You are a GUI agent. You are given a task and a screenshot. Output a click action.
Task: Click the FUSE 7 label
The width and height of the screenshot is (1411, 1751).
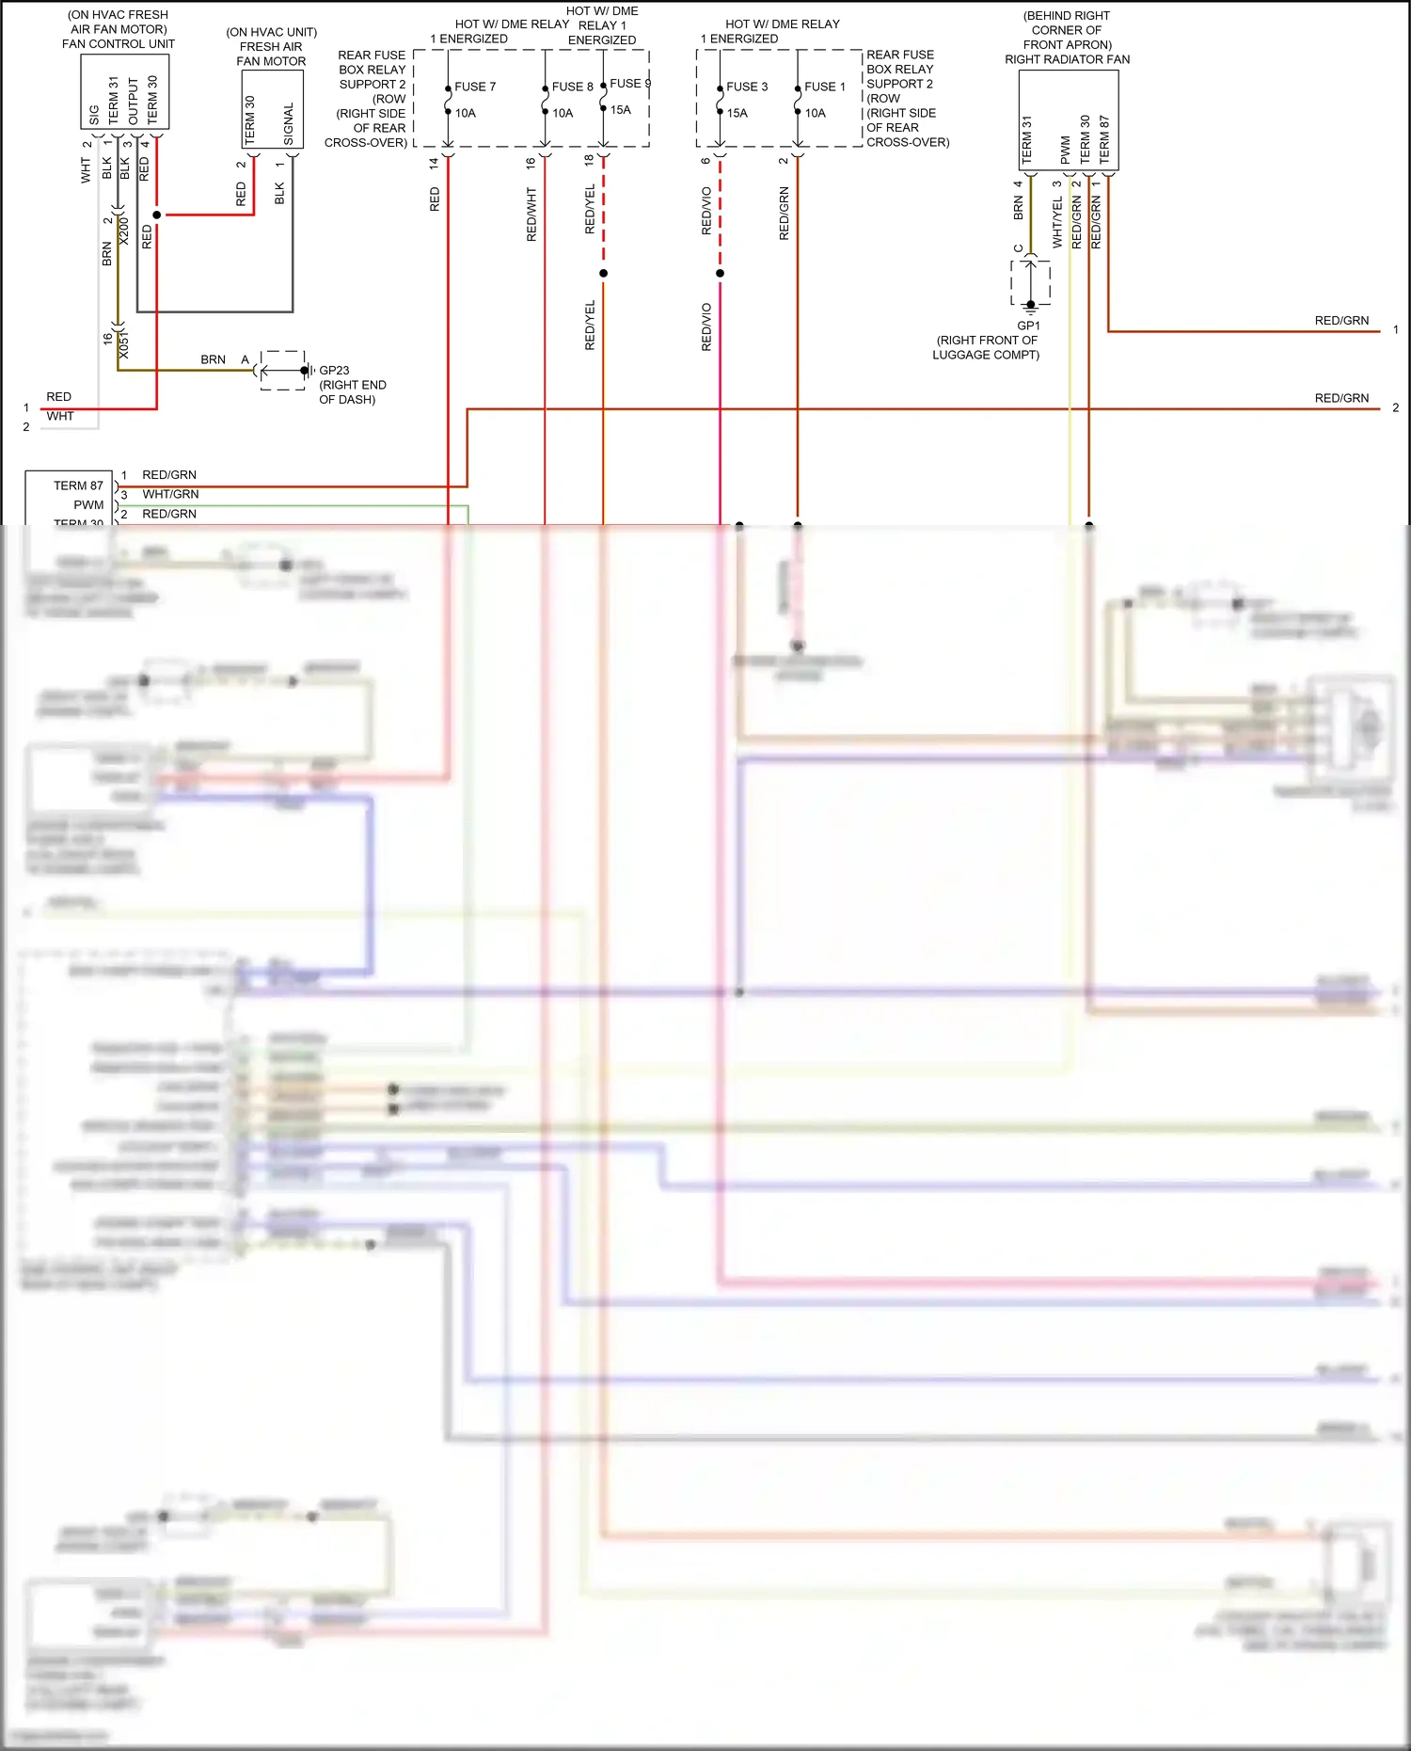coord(475,87)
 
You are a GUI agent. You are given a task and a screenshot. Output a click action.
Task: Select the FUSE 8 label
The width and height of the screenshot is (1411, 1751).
coord(572,87)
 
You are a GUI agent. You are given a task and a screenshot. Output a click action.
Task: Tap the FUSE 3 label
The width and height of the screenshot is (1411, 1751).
coord(747,87)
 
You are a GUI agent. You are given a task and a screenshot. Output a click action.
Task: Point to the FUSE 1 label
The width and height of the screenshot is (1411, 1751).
coord(825,87)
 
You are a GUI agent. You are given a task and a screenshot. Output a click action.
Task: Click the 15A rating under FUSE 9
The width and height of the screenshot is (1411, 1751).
coord(621,110)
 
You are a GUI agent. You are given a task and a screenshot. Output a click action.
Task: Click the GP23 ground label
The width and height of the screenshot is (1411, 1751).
coord(334,371)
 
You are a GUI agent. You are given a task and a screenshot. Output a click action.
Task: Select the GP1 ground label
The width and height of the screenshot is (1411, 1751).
coord(1028,326)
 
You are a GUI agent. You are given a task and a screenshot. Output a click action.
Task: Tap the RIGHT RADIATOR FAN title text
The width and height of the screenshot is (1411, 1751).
coord(1067,59)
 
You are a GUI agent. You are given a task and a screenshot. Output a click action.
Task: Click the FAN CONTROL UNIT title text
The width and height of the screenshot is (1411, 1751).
coord(119,43)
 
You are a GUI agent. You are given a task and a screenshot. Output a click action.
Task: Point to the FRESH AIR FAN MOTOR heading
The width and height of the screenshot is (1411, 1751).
coord(271,54)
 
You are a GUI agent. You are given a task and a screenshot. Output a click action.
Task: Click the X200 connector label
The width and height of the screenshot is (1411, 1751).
coord(124,231)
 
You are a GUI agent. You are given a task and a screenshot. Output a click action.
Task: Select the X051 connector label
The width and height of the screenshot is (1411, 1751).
coord(124,344)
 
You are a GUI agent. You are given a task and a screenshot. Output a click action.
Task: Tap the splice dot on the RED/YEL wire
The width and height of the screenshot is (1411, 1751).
coord(603,274)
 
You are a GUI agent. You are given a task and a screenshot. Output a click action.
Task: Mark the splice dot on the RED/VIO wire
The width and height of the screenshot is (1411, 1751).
coord(720,274)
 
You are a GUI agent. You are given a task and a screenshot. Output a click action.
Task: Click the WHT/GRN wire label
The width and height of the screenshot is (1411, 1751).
coord(170,494)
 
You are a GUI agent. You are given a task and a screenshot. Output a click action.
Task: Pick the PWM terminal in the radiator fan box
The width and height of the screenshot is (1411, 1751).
coord(1065,149)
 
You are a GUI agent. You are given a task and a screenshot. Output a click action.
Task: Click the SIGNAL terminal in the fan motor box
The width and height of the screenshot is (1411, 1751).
coord(289,123)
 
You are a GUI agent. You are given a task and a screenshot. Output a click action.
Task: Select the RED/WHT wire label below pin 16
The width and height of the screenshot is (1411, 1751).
coord(531,215)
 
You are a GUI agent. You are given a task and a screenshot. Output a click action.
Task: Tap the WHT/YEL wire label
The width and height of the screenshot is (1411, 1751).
coord(1057,222)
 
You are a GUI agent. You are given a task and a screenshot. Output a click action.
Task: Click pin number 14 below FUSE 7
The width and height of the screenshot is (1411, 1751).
coord(434,163)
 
